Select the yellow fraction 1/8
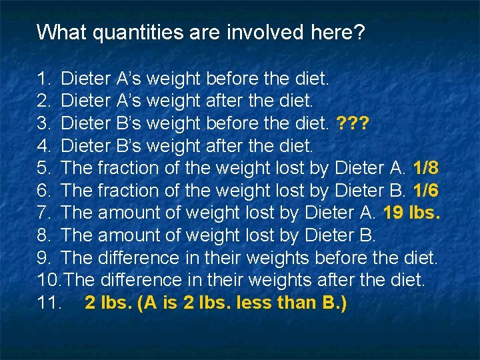pyautogui.click(x=425, y=167)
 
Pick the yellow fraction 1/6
pyautogui.click(x=425, y=190)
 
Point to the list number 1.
pyautogui.click(x=44, y=79)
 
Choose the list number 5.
pyautogui.click(x=44, y=167)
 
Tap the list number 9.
pyautogui.click(x=44, y=257)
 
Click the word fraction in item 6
pyautogui.click(x=129, y=190)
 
